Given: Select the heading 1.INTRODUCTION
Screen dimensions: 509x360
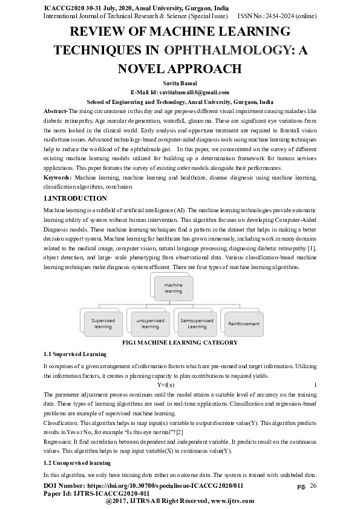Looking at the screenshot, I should coord(76,198).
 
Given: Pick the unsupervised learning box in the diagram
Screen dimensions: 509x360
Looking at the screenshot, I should coord(150,323).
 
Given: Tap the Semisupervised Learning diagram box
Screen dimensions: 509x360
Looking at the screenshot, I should coord(197,323).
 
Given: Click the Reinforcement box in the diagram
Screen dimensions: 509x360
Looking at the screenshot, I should coord(243,323).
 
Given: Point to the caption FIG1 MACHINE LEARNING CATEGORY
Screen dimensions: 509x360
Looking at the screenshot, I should coord(180,343).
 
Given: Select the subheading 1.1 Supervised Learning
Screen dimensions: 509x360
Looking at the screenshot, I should coord(75,354).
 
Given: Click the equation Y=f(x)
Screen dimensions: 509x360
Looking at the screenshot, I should coord(165,384).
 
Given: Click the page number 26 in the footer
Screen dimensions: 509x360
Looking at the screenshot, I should coord(313,485).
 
